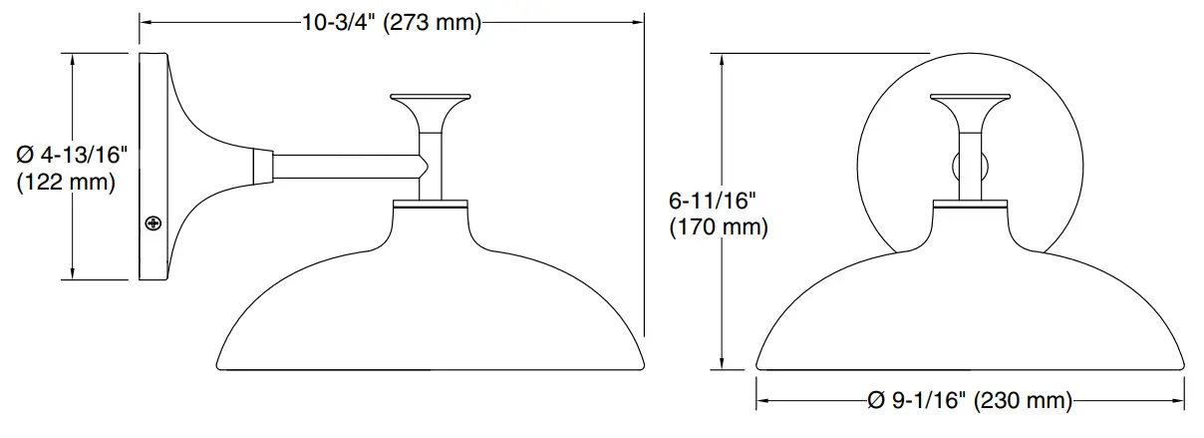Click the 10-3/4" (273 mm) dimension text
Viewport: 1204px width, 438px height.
(391, 23)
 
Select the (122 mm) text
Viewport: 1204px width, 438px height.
(67, 183)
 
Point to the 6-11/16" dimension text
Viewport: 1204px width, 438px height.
(716, 201)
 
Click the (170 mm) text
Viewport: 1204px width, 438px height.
(718, 227)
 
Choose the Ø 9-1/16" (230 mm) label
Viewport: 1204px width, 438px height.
(969, 401)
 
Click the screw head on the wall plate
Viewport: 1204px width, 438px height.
(153, 222)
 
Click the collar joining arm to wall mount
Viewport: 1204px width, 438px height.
(263, 167)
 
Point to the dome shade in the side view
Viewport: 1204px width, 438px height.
(431, 309)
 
